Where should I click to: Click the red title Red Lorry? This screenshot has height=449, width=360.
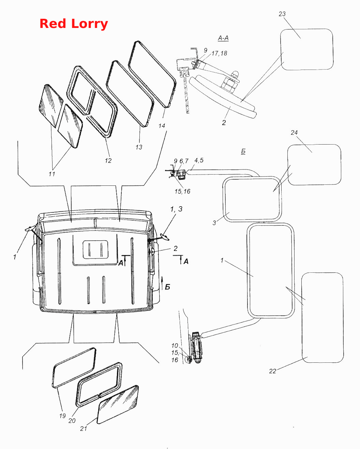74,24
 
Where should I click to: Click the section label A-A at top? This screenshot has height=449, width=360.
223,39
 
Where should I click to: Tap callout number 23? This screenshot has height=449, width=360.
282,14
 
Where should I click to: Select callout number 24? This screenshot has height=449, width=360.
294,133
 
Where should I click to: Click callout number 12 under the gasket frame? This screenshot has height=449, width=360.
108,161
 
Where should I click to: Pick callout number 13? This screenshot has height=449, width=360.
139,147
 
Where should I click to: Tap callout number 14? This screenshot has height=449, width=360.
162,126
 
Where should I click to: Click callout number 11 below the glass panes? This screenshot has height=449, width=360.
52,174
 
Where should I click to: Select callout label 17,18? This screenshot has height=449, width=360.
219,54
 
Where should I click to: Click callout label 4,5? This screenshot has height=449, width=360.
199,160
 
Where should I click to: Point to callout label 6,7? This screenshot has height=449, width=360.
184,161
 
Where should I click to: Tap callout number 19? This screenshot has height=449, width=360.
62,416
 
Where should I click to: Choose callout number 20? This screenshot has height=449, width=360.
72,421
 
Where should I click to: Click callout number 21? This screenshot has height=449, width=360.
83,429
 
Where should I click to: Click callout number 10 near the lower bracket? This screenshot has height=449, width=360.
175,346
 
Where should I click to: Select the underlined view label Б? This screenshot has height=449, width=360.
243,151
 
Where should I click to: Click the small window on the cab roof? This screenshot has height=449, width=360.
95,250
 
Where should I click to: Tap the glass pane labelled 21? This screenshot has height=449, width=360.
118,405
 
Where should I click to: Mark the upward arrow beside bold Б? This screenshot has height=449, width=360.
162,283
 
